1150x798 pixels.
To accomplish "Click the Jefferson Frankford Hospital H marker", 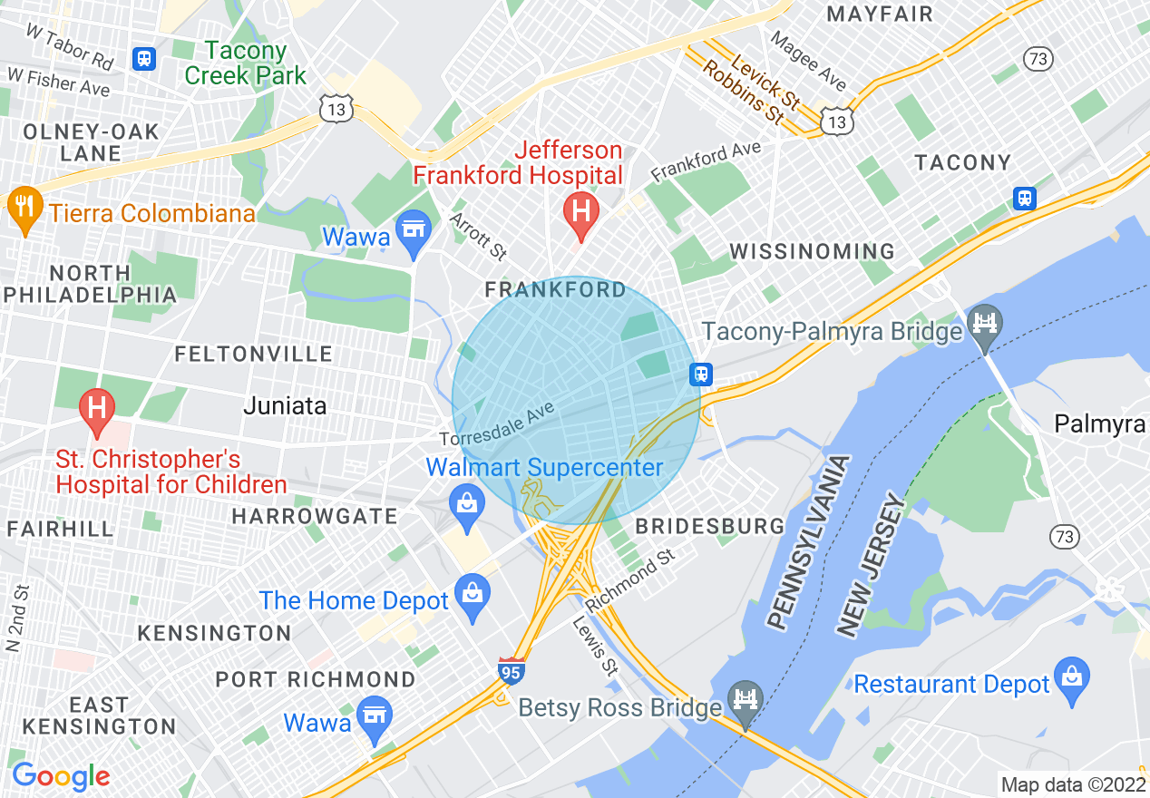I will (581, 211).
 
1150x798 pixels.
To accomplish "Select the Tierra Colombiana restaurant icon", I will (24, 209).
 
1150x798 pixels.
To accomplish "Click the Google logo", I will (61, 776).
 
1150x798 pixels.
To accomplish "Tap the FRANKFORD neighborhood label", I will (555, 290).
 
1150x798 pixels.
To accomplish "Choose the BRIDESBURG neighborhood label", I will (709, 526).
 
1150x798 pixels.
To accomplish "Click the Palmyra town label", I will (1100, 423).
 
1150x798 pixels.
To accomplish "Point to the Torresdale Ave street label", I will (497, 425).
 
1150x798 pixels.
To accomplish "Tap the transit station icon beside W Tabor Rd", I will (143, 59).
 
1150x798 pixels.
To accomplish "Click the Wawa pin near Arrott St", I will (414, 230).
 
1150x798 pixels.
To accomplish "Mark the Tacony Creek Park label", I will (246, 63).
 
